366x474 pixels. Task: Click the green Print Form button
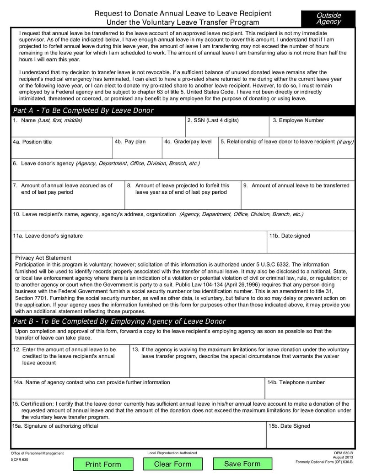pyautogui.click(x=103, y=464)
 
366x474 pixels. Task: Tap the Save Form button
pyautogui.click(x=242, y=464)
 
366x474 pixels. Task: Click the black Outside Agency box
pyautogui.click(x=328, y=18)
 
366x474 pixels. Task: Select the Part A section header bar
pyautogui.click(x=183, y=110)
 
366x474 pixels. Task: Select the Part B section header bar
pyautogui.click(x=183, y=321)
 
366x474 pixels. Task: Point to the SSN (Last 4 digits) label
pyautogui.click(x=213, y=120)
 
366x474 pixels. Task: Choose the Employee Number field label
pyautogui.click(x=298, y=120)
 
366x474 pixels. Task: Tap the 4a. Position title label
pyautogui.click(x=32, y=142)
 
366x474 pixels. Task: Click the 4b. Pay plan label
pyautogui.click(x=130, y=142)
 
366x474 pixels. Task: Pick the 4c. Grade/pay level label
pyautogui.click(x=188, y=142)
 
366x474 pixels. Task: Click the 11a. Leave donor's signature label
pyautogui.click(x=48, y=236)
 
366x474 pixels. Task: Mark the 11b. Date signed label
pyautogui.click(x=290, y=236)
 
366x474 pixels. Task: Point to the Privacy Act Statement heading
pyautogui.click(x=43, y=258)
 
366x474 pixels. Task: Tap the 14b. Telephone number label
pyautogui.click(x=296, y=382)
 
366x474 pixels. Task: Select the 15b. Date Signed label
pyautogui.click(x=290, y=426)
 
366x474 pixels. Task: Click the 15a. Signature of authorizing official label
pyautogui.click(x=55, y=426)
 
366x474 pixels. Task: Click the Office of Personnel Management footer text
pyautogui.click(x=38, y=453)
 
